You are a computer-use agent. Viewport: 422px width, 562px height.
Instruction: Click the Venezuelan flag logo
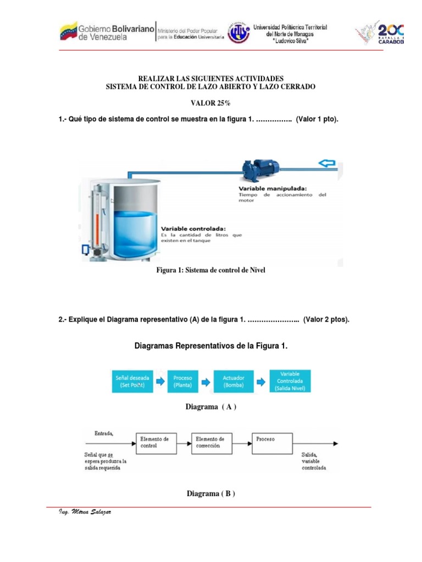point(69,31)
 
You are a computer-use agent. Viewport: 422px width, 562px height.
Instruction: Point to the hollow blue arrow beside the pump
point(327,162)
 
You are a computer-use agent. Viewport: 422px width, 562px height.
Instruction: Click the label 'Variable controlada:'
point(193,228)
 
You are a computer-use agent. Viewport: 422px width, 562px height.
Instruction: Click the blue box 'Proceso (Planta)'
point(182,381)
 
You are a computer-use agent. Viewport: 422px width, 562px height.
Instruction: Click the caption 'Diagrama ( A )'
point(212,407)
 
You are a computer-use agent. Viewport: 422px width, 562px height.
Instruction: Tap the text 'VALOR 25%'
point(210,103)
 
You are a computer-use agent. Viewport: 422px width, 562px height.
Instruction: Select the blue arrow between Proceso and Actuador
point(209,381)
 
